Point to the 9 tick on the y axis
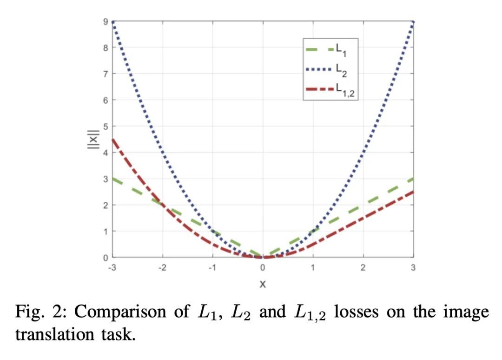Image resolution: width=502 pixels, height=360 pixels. [106, 21]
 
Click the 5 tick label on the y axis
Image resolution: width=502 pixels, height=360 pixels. [106, 126]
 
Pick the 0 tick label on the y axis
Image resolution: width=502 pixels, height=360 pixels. [106, 257]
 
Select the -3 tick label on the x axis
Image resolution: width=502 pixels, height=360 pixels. [112, 267]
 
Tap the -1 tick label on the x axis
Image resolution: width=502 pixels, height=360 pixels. [212, 267]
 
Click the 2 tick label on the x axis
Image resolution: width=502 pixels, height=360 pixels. [363, 267]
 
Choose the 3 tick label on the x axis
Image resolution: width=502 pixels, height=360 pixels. [413, 267]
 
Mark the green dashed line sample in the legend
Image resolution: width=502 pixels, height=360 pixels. [319, 48]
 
